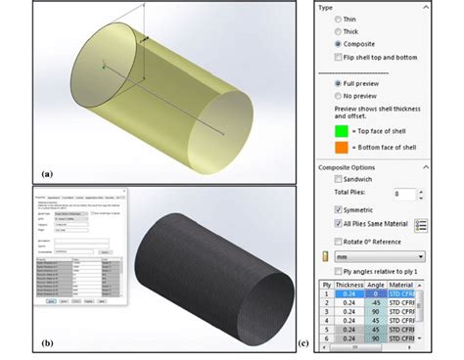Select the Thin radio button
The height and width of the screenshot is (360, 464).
click(x=339, y=19)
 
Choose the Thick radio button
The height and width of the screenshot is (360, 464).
click(x=339, y=31)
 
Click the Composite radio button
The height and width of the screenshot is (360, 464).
click(x=339, y=44)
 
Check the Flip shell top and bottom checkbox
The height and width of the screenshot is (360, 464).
click(x=339, y=58)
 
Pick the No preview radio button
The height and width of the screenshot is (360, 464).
click(x=339, y=97)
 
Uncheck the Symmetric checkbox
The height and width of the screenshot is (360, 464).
click(x=339, y=209)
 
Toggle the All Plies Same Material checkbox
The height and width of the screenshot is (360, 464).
click(x=339, y=224)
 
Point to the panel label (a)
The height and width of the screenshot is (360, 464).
click(x=46, y=173)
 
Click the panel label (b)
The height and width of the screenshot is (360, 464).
click(x=47, y=343)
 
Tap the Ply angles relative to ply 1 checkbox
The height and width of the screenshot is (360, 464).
click(x=339, y=270)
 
